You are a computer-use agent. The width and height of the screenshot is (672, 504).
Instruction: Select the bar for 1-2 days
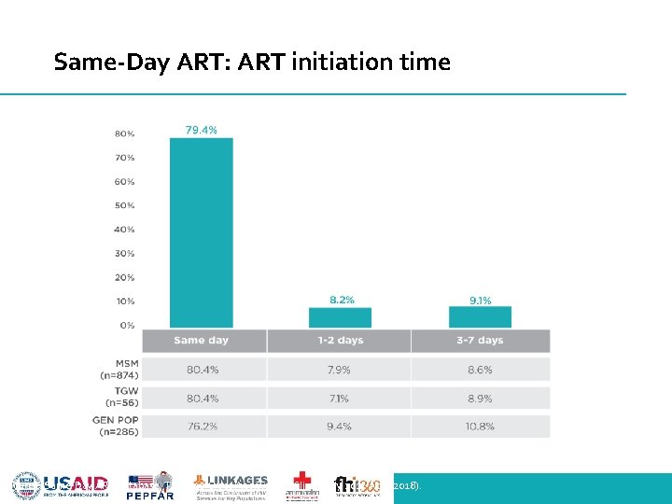[x=339, y=316]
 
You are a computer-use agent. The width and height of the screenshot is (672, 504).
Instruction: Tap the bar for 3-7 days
[x=480, y=316]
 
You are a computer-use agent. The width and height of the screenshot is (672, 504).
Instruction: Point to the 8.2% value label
[x=343, y=300]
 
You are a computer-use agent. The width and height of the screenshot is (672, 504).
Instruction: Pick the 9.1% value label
[x=480, y=300]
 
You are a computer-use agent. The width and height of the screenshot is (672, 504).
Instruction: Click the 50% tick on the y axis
[x=124, y=205]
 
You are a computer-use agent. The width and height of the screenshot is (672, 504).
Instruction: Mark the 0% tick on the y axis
[x=126, y=326]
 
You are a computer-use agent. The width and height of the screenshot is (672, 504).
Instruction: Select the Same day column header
[x=201, y=341]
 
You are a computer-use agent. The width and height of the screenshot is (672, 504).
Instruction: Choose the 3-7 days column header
[x=480, y=341]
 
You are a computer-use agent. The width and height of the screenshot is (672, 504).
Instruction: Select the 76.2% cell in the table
[x=203, y=427]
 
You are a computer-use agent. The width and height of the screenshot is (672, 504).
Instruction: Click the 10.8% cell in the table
[x=480, y=427]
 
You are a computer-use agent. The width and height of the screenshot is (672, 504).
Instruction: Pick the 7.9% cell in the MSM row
[x=339, y=370]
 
